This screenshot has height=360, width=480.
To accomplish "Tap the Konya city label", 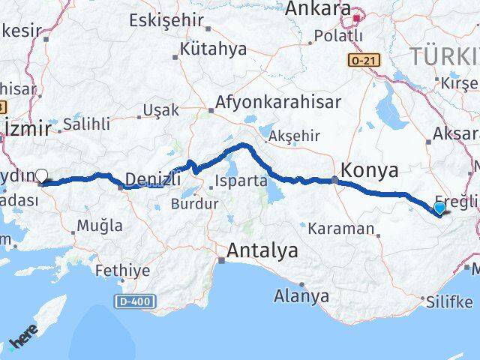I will tap(370, 170).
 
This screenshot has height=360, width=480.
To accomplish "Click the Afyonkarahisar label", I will tap(277, 102).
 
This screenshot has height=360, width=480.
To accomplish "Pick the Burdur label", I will tap(195, 203).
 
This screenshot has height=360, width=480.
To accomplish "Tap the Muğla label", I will tap(100, 225).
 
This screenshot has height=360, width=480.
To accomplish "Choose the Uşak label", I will tap(162, 109).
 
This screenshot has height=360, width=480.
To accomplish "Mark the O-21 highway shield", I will tap(361, 58).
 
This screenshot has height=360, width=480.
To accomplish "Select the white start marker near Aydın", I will tap(42, 176).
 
